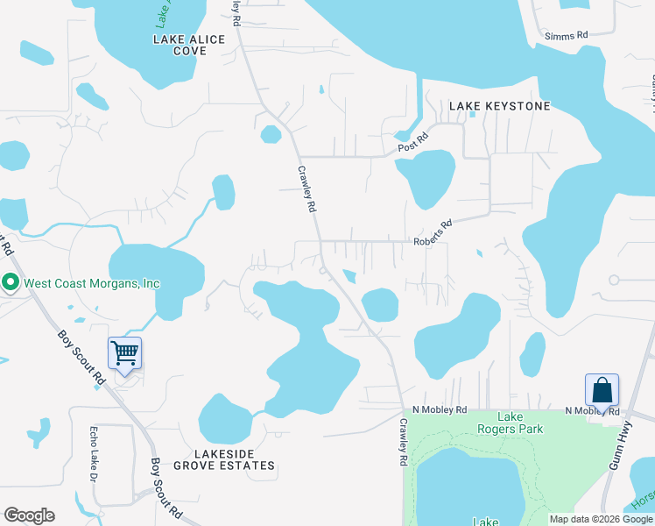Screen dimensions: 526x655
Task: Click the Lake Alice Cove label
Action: (189, 46)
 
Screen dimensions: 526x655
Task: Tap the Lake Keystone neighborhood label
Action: (500, 106)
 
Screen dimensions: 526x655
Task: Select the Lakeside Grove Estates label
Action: (223, 459)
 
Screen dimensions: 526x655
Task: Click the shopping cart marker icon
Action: (124, 353)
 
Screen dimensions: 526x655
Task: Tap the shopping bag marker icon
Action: (602, 388)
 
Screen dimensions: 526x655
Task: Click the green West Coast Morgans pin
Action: (11, 282)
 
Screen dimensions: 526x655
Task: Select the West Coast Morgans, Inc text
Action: (92, 283)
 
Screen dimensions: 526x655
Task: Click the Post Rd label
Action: (412, 142)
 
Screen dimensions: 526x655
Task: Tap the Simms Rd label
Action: (566, 36)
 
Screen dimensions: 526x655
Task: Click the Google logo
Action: (30, 515)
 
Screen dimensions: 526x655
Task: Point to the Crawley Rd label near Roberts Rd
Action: (306, 190)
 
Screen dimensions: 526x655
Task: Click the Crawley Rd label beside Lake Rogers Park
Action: (404, 441)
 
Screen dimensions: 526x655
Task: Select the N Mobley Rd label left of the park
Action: (440, 409)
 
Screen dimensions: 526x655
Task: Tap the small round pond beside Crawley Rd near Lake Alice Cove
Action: (271, 134)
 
